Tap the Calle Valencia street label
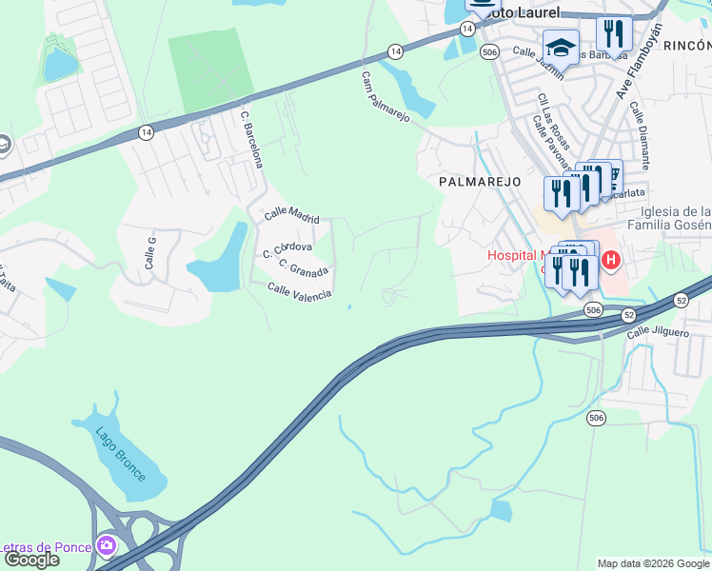pos(299,291)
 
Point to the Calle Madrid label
pos(291,215)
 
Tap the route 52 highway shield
pos(628,314)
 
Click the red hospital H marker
pos(610,259)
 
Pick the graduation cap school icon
pos(561,47)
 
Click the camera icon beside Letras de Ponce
pos(106,545)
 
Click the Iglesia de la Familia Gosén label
pos(669,218)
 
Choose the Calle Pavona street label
pos(549,139)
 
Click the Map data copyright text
pos(653,563)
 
